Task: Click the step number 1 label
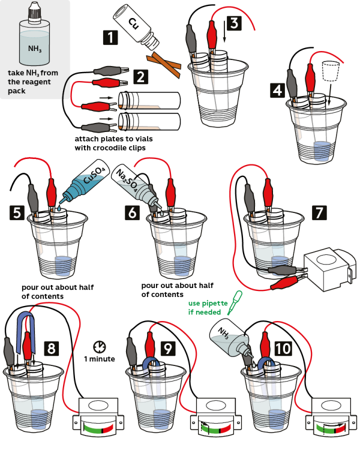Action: click(110, 38)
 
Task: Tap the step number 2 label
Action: click(140, 76)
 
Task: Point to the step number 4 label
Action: click(277, 91)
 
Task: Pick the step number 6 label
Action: click(133, 211)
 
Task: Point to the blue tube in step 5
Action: click(79, 183)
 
